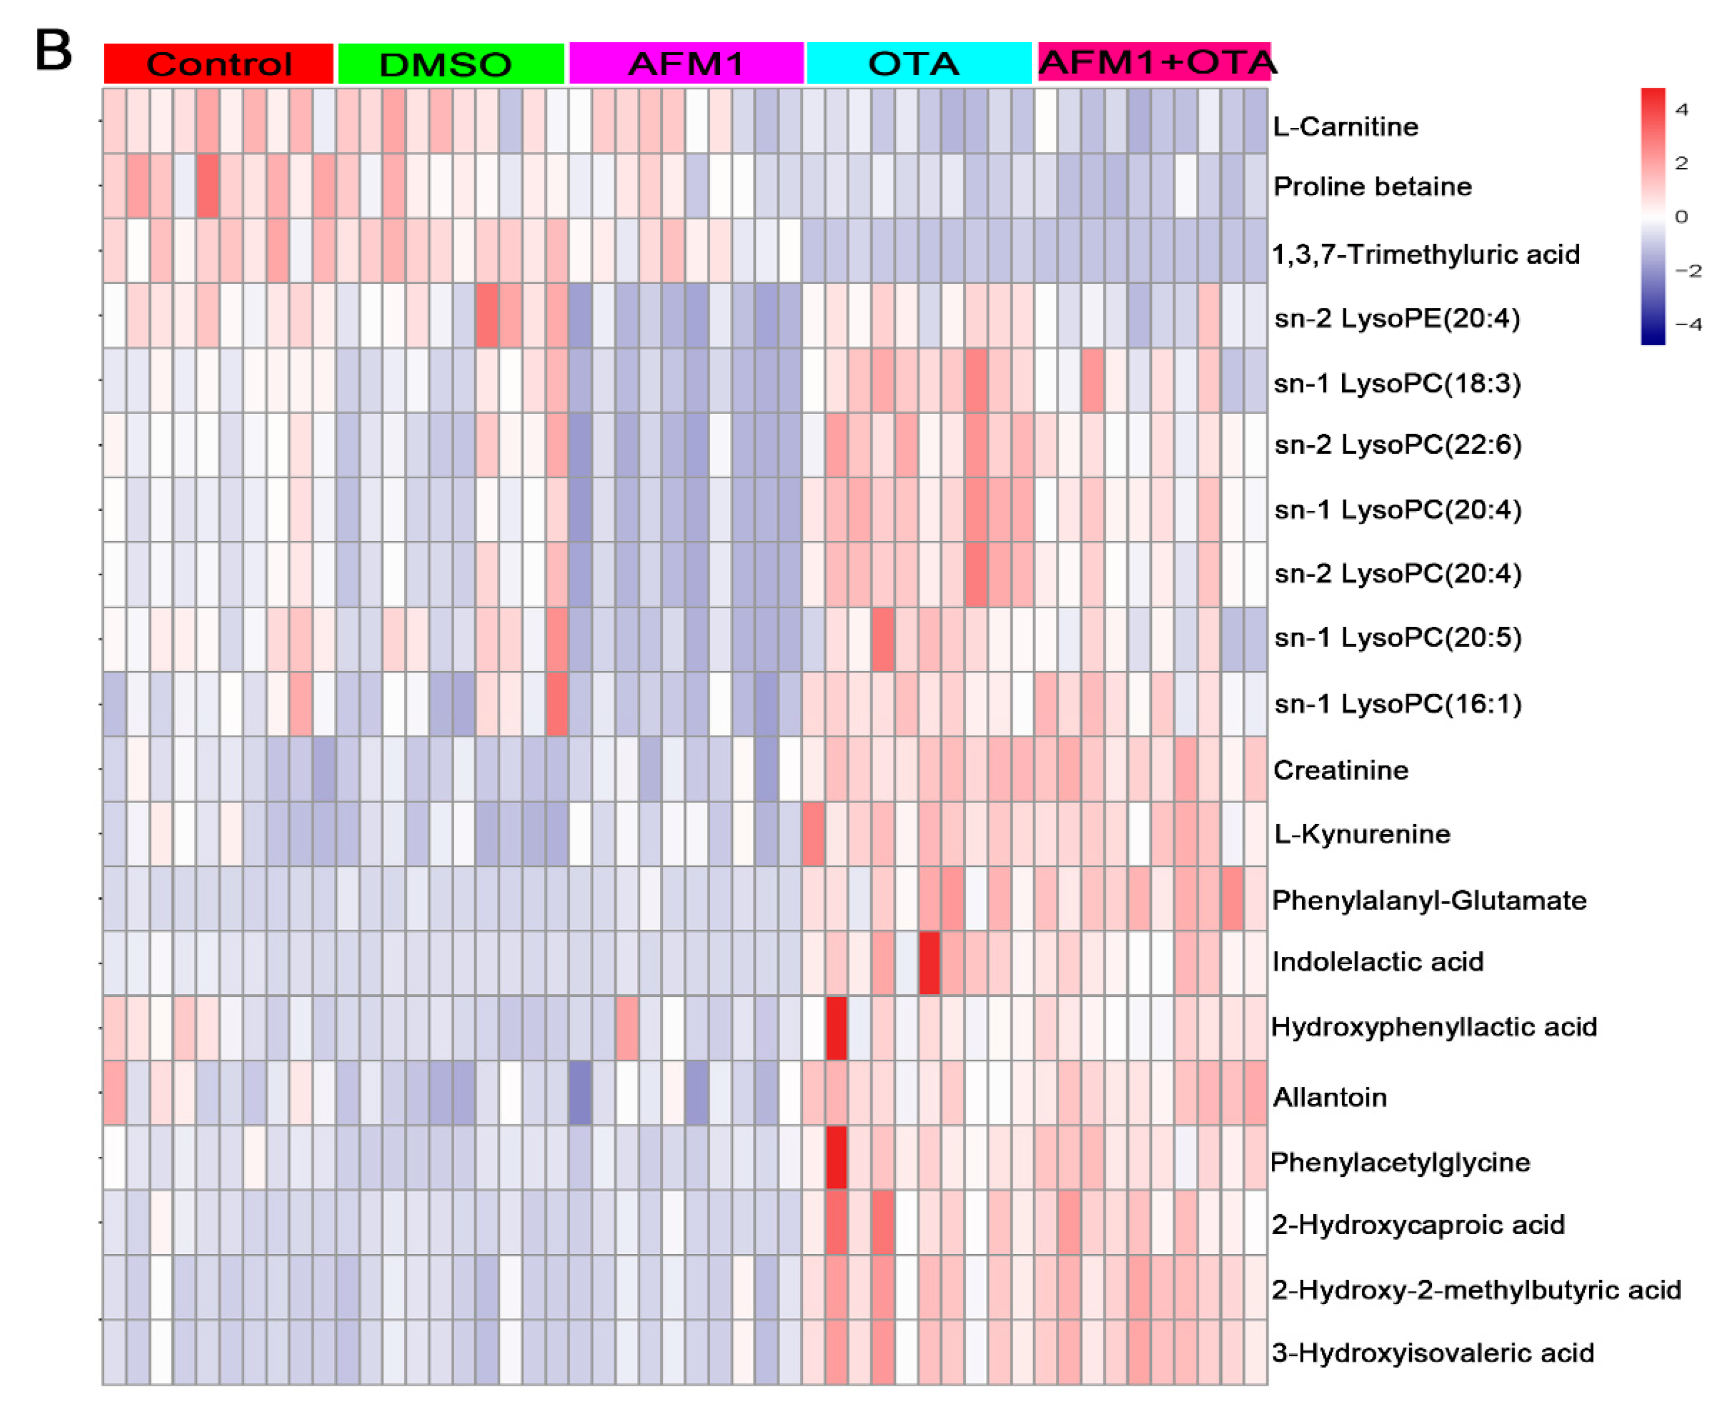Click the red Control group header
tap(218, 64)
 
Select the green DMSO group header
tap(451, 64)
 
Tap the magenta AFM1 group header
tap(686, 63)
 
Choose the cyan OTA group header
tap(919, 63)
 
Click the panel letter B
tap(53, 51)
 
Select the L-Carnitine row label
tap(1345, 127)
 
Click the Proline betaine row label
tap(1372, 186)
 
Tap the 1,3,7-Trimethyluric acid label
tap(1425, 254)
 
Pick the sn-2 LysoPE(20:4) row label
tap(1397, 318)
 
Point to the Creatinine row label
tap(1340, 769)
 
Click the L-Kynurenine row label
tap(1361, 834)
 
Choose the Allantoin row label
tap(1329, 1097)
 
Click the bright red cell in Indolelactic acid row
tap(929, 963)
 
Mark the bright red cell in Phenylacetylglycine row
tap(836, 1157)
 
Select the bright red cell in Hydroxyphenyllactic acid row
tap(836, 1027)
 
